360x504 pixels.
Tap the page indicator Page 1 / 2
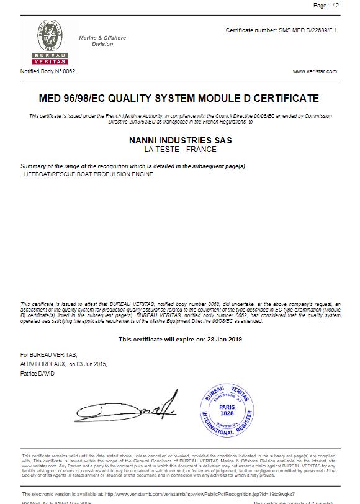point(326,6)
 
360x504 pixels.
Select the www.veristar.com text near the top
point(315,71)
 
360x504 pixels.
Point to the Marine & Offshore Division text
point(102,41)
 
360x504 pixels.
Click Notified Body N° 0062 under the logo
point(48,71)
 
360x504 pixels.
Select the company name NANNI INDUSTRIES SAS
point(180,140)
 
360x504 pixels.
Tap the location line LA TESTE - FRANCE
point(180,150)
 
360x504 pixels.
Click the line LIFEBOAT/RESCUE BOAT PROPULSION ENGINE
point(88,174)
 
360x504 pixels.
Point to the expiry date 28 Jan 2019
point(223,340)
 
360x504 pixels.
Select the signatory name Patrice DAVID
point(37,374)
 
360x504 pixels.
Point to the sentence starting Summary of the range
point(133,166)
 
